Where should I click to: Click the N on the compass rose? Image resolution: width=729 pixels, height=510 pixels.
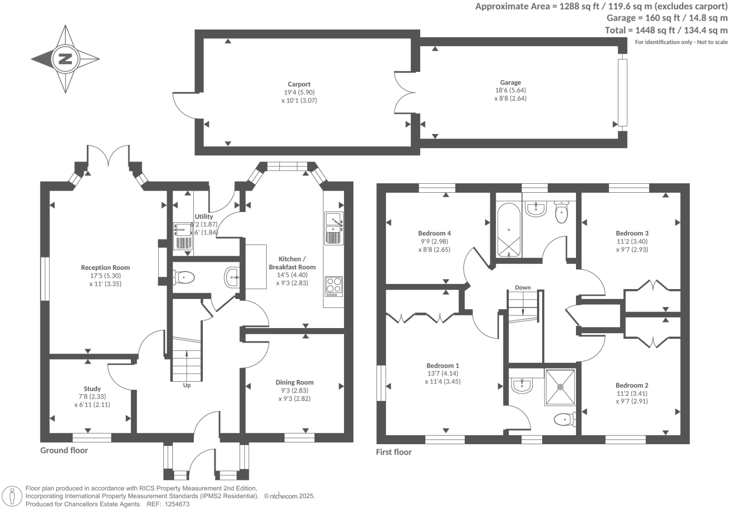click(x=65, y=59)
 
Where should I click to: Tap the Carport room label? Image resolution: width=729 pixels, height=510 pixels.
click(x=299, y=84)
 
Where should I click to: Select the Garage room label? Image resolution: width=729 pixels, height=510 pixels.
click(x=510, y=82)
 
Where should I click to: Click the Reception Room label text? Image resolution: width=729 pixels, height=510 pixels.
click(x=105, y=267)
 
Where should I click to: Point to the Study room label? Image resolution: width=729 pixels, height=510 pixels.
click(x=92, y=389)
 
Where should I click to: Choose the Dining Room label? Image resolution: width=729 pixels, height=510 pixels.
click(x=294, y=382)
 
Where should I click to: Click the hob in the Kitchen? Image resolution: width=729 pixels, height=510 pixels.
click(x=334, y=286)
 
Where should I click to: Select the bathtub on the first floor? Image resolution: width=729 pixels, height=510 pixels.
click(x=509, y=230)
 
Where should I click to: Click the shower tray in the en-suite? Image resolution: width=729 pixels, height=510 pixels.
click(x=560, y=387)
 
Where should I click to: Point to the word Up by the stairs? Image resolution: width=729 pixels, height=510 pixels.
click(x=187, y=385)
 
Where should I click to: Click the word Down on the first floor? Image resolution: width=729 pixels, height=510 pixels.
click(x=522, y=287)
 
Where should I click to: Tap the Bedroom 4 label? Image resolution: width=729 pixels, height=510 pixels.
click(x=434, y=233)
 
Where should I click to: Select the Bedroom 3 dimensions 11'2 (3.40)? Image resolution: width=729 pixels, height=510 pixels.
click(x=632, y=241)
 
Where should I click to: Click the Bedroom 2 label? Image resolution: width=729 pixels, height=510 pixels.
click(x=632, y=385)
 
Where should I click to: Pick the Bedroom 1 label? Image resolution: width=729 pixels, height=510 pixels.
click(x=443, y=365)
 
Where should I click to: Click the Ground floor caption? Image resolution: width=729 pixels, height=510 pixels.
click(x=64, y=450)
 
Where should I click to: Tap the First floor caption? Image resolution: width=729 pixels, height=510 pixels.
click(x=393, y=452)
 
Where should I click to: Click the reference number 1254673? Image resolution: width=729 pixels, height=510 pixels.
click(x=176, y=504)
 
